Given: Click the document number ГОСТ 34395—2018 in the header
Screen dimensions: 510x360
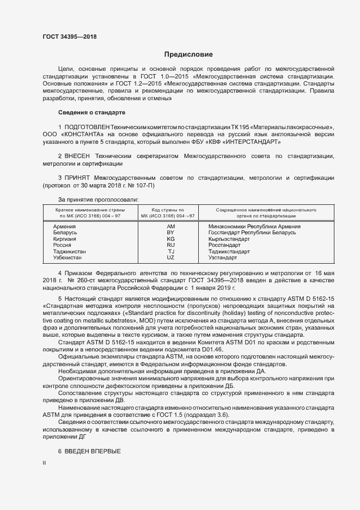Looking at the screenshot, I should (x=69, y=37).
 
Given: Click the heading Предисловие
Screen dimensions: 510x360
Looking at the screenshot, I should (x=188, y=54).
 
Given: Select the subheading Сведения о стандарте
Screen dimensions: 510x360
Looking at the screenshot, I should (x=91, y=112).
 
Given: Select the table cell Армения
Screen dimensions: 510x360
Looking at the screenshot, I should (x=64, y=226).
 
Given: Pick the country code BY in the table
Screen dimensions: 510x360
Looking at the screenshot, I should (x=170, y=233).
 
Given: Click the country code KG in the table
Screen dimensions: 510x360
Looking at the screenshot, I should (x=170, y=239).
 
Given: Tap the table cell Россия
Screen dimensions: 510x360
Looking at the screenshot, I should (x=62, y=246).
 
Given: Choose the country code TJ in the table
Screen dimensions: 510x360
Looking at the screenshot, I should (x=170, y=252).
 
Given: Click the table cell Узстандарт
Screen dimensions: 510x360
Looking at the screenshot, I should (x=223, y=258).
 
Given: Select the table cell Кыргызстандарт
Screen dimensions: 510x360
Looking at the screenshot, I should (x=229, y=239).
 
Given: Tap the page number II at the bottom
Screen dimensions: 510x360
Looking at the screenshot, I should (x=44, y=463).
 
